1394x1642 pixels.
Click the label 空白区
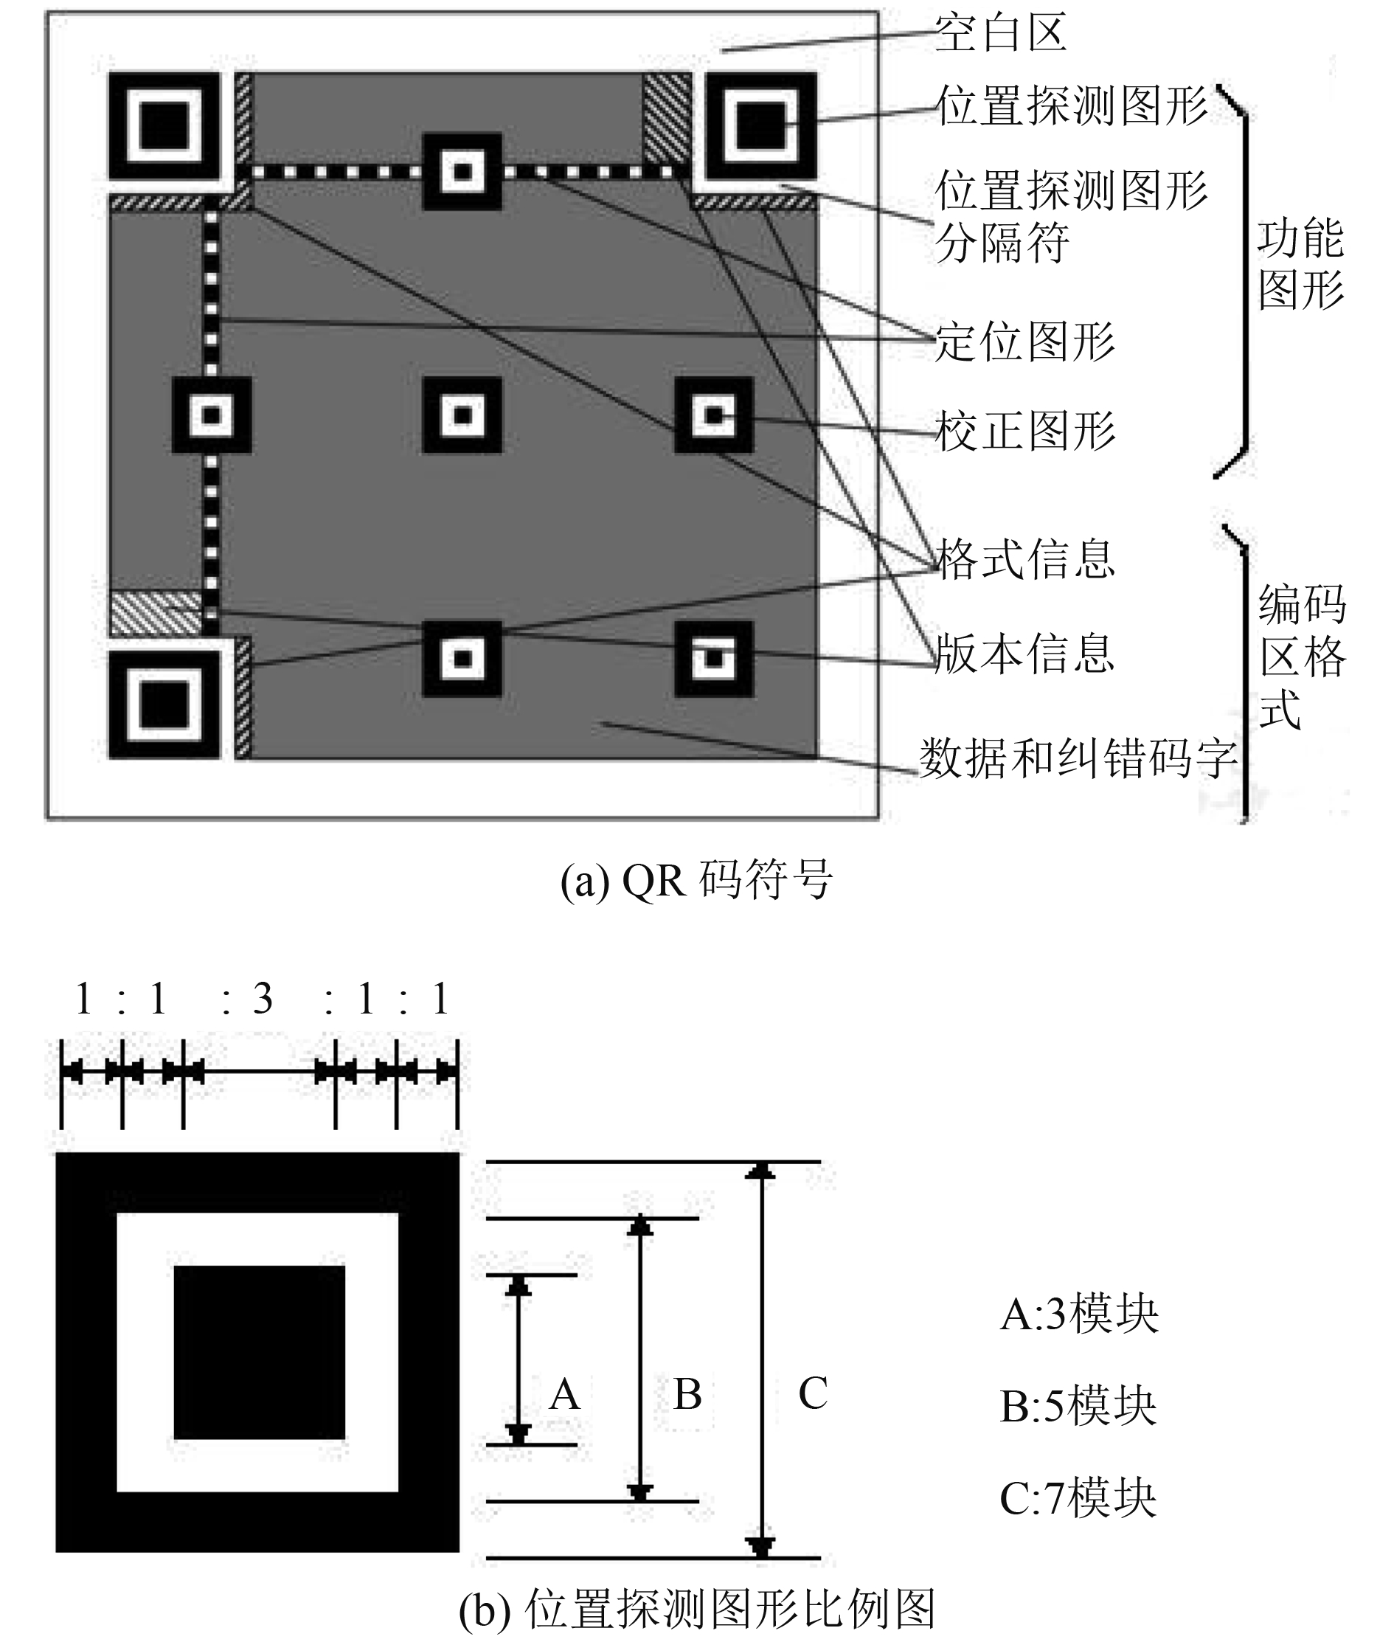[1000, 33]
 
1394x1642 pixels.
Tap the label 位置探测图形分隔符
[1071, 215]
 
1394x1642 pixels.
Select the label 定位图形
[1024, 342]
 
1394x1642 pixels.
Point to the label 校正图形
[1024, 431]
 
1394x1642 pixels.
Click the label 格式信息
[1024, 559]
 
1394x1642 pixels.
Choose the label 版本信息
[1024, 654]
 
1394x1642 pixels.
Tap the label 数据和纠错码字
[1078, 758]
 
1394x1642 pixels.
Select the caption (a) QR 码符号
[696, 880]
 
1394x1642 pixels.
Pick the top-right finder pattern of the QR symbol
[761, 126]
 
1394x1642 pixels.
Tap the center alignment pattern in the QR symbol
[462, 415]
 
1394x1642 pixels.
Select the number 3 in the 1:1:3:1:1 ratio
[263, 999]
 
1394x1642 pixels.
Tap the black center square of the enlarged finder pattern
[259, 1353]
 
